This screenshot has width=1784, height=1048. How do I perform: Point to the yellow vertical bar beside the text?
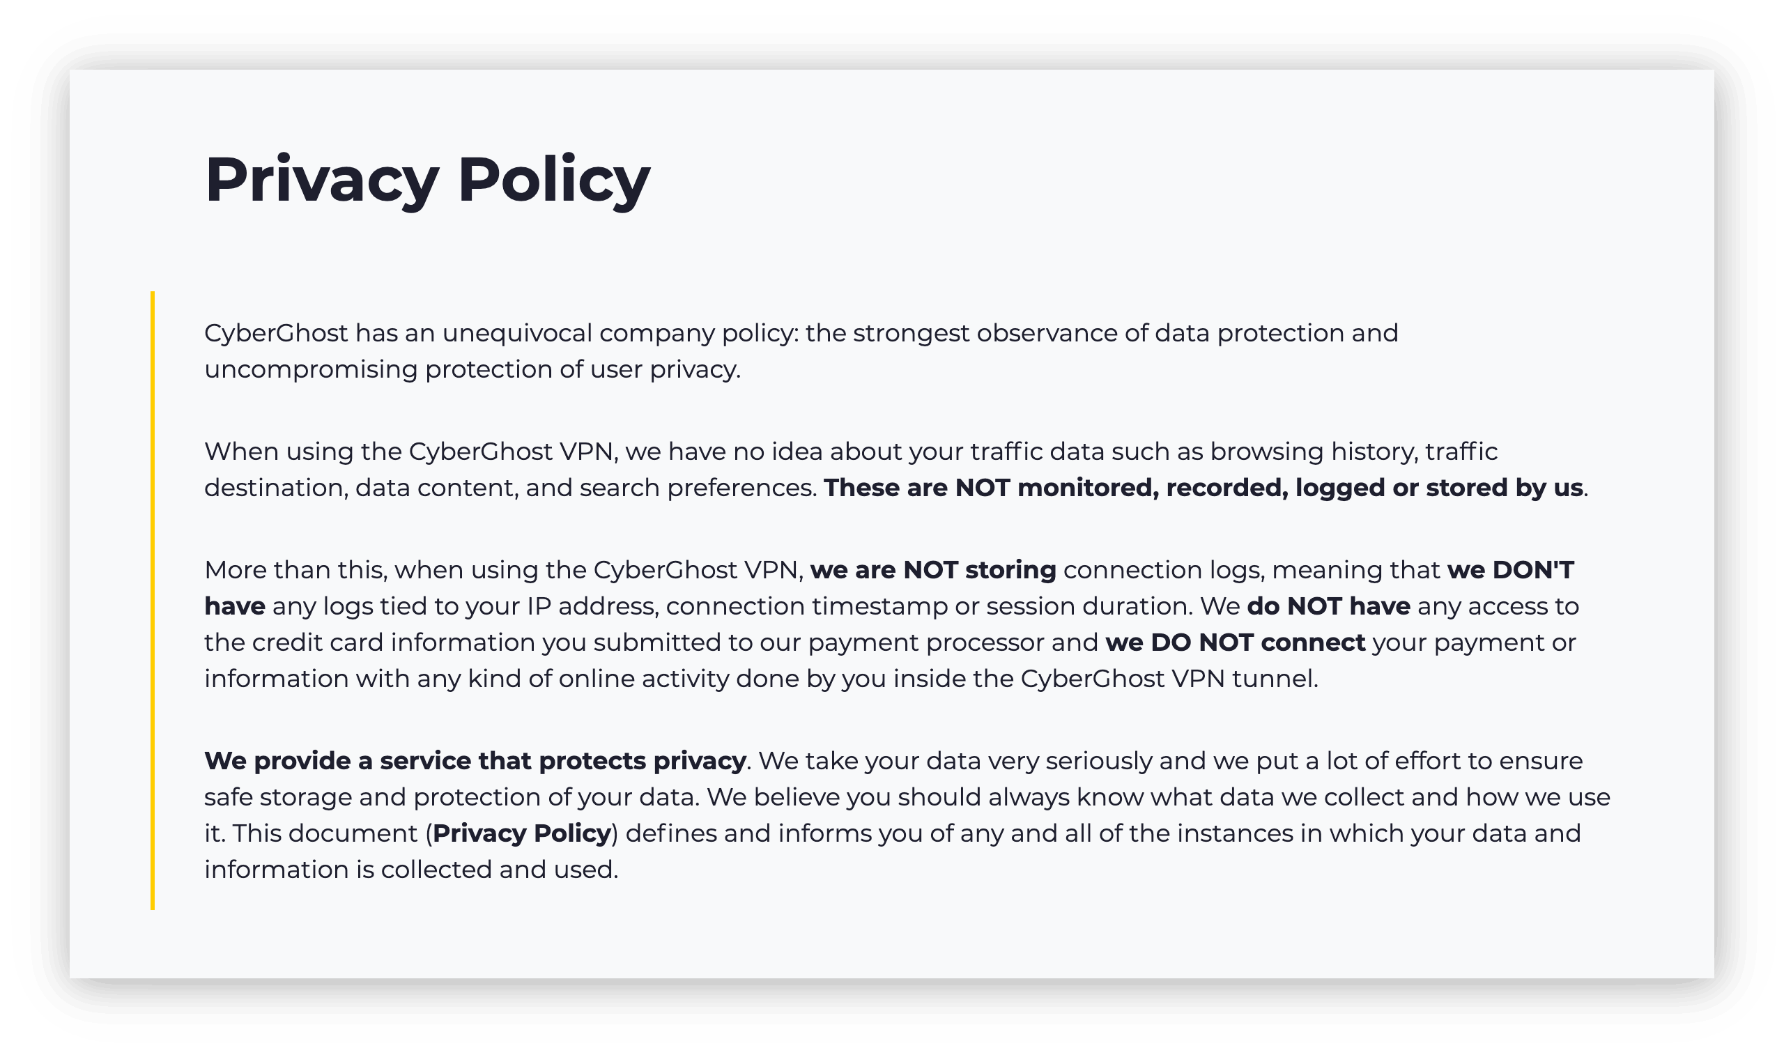(152, 600)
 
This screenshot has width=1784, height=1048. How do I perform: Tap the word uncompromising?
(311, 369)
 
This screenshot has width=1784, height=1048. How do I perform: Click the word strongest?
(910, 333)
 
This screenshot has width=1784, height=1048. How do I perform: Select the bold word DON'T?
(1532, 570)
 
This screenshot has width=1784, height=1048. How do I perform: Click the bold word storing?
(1010, 570)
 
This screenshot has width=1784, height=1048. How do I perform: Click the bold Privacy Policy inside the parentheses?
(522, 833)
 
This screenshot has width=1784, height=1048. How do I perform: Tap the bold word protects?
(592, 761)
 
